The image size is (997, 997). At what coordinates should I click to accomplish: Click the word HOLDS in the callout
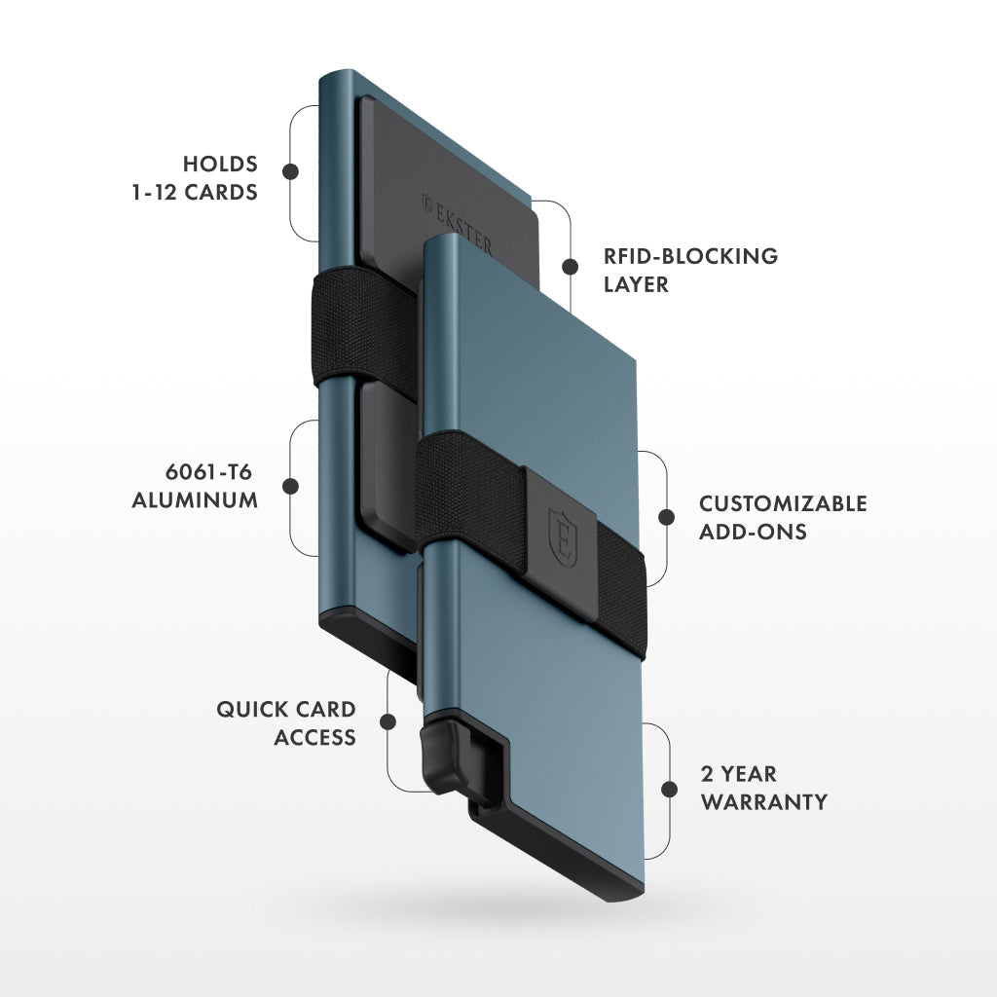coord(220,164)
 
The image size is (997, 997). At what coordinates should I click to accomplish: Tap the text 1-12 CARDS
coord(195,192)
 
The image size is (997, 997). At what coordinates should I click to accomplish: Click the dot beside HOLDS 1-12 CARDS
coord(289,171)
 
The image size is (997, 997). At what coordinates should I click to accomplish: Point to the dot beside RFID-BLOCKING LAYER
coord(570,267)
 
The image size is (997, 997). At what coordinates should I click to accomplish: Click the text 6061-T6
coord(209,472)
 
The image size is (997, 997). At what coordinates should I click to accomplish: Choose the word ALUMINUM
coord(195,500)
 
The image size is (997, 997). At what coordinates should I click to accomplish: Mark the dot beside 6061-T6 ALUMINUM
coord(289,486)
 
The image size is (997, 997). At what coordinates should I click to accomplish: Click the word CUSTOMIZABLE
coord(783,504)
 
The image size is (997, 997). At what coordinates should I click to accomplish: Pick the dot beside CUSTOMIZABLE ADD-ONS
coord(667,517)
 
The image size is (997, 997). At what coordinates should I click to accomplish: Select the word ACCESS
coord(314,737)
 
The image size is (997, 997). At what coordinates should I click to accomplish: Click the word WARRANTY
coord(764,802)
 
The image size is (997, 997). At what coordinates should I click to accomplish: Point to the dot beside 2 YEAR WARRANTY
coord(669,790)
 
